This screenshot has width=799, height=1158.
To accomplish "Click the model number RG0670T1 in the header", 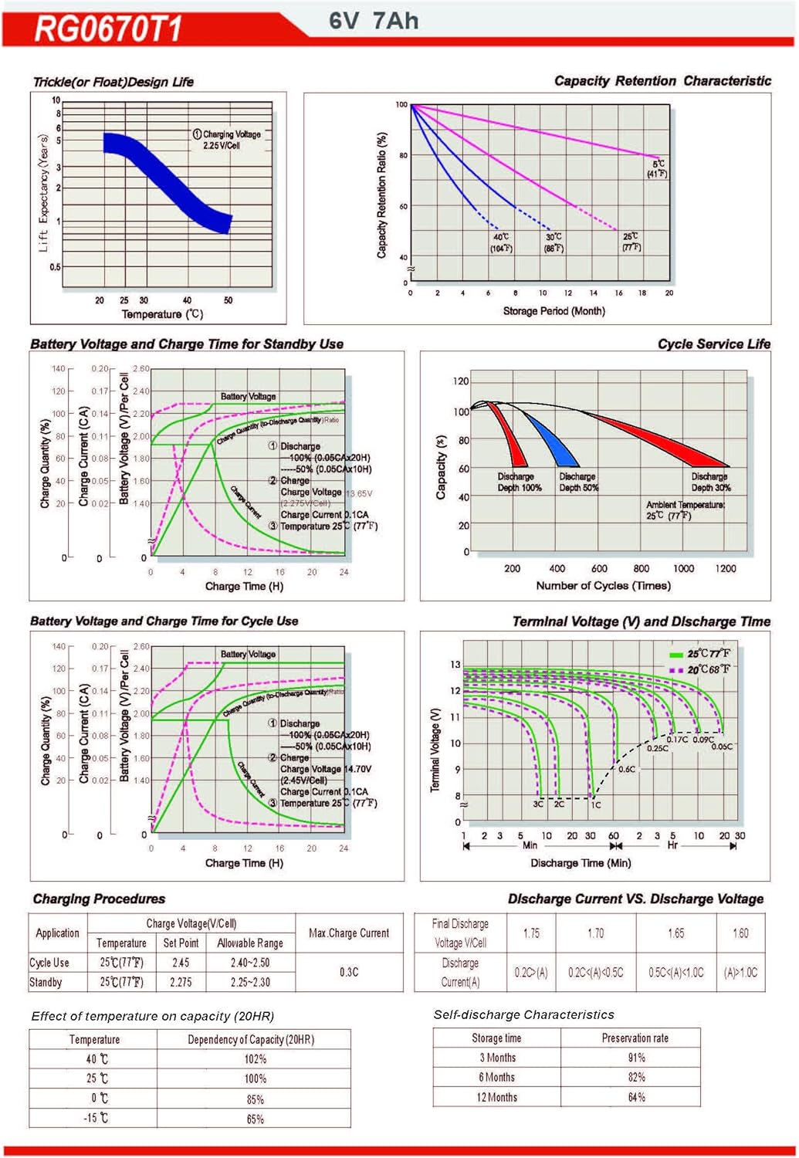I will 108,29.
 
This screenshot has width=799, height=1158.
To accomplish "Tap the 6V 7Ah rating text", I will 374,21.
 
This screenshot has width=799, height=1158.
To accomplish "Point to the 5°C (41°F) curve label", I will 658,169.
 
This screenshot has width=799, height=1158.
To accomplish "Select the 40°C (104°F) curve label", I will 501,242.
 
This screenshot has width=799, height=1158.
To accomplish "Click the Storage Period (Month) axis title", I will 554,311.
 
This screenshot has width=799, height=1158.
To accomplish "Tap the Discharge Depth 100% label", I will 520,482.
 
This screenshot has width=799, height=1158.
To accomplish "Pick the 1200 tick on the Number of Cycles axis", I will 726,568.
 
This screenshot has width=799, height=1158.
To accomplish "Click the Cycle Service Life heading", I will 713,344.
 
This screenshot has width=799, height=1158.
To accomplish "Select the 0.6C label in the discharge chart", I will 627,769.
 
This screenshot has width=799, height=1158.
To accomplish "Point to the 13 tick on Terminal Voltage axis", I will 455,665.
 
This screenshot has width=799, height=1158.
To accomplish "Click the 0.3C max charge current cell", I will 349,972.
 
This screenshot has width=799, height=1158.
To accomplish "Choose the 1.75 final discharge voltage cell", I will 531,933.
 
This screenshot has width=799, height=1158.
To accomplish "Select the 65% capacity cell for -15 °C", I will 255,1119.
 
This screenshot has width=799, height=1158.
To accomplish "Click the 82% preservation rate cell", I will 636,1077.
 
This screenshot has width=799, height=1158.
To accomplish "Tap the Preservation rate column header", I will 635,1038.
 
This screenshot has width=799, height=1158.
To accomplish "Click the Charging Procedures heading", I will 99,899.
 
